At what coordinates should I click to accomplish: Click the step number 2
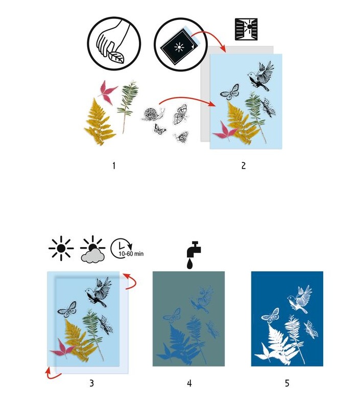(244, 165)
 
